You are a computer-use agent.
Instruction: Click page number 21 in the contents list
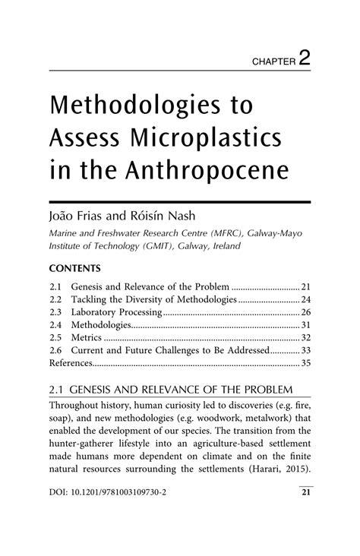pyautogui.click(x=307, y=286)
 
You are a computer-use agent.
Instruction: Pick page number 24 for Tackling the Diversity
pyautogui.click(x=307, y=299)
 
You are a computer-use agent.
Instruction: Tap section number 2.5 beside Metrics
pyautogui.click(x=54, y=338)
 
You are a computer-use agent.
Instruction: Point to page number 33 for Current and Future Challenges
pyautogui.click(x=307, y=351)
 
